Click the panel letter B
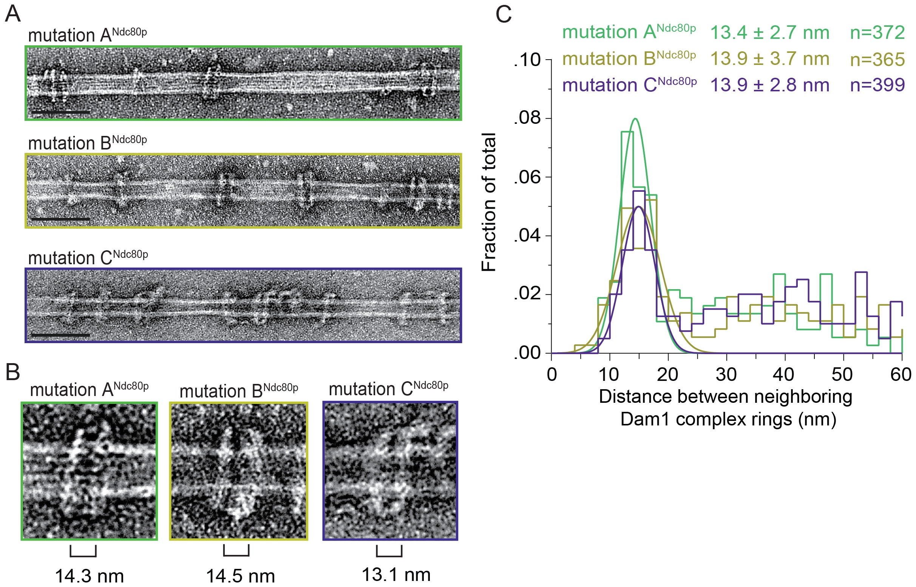(x=12, y=372)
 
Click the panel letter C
(x=503, y=15)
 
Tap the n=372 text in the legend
(x=877, y=32)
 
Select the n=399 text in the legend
(x=877, y=85)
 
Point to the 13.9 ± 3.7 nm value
(x=769, y=59)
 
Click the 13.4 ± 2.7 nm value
(x=769, y=32)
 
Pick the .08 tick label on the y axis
(x=527, y=118)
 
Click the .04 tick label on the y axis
(x=527, y=236)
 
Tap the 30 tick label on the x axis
(x=726, y=374)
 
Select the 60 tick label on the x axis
(x=901, y=374)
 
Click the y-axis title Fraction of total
(x=488, y=202)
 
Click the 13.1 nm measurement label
(x=396, y=575)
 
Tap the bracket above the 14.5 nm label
(x=236, y=551)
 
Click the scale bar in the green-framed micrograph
(x=61, y=112)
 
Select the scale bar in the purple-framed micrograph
(x=61, y=335)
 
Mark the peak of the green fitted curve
(x=635, y=119)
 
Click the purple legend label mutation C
(x=629, y=85)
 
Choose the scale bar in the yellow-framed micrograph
(x=61, y=219)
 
